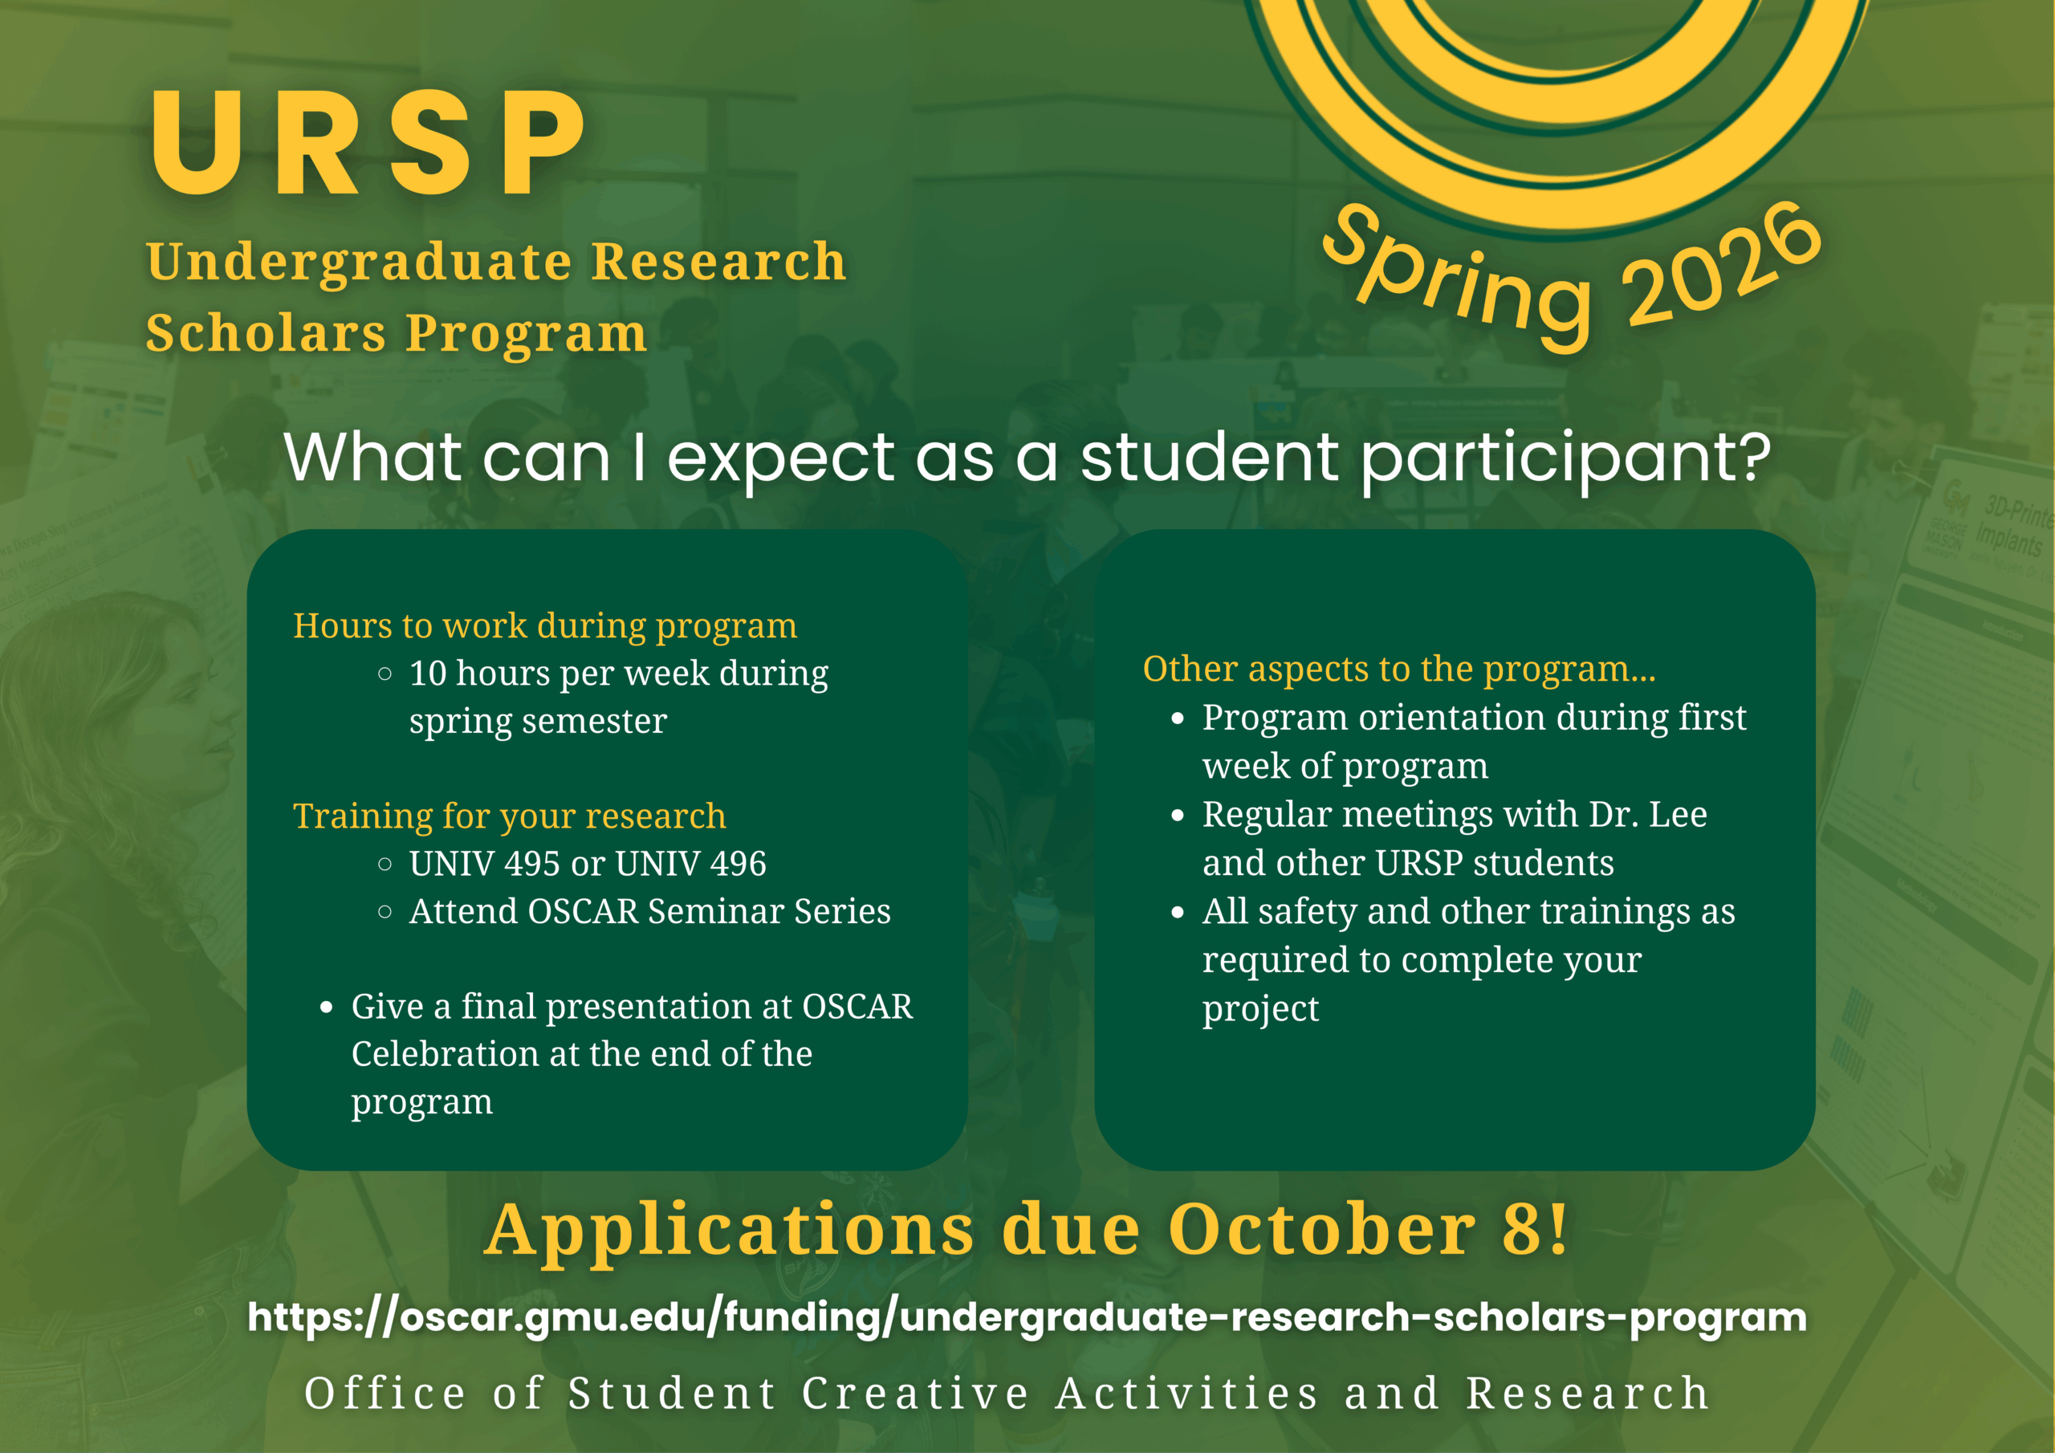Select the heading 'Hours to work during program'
point(545,626)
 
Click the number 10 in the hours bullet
point(428,674)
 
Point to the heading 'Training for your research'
point(509,816)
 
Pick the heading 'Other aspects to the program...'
point(1399,669)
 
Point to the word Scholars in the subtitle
point(266,333)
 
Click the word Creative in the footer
point(915,1394)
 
